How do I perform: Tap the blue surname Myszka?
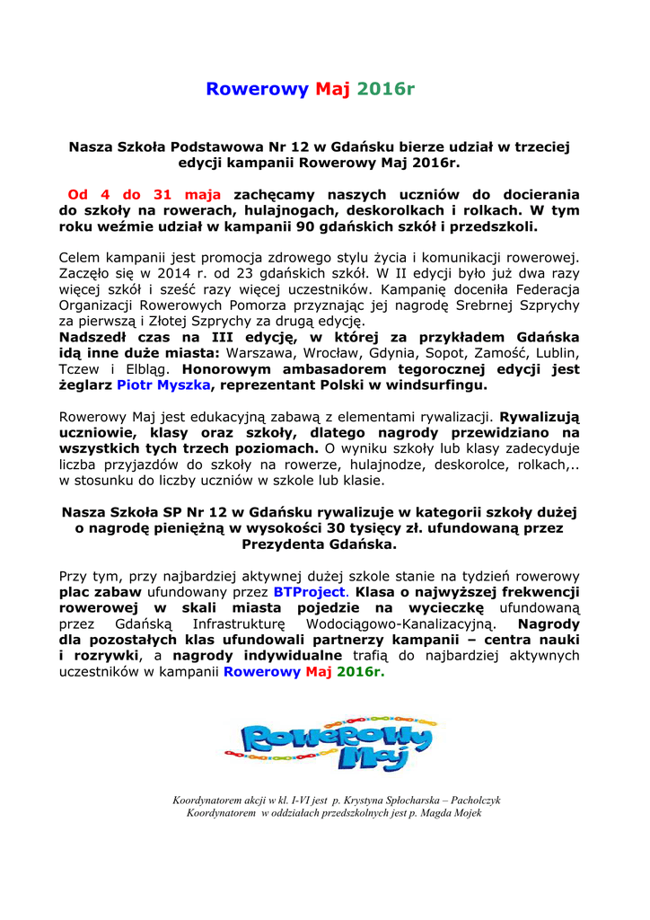184,385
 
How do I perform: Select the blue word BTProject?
309,592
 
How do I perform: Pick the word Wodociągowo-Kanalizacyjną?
399,624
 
